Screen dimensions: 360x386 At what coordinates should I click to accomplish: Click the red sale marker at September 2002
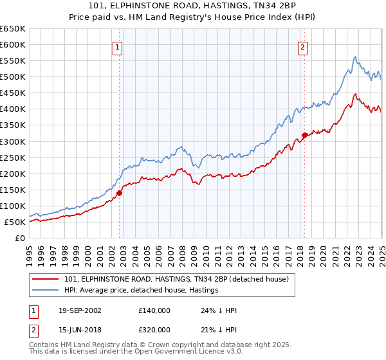(x=119, y=192)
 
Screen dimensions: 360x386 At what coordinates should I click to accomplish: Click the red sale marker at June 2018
(x=304, y=134)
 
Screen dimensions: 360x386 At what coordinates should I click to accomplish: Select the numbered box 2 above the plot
(x=302, y=46)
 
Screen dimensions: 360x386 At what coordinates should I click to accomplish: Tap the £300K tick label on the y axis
(x=14, y=141)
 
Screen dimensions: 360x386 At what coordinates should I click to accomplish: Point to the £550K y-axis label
(x=14, y=60)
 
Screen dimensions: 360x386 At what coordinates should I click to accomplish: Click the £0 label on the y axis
(x=21, y=238)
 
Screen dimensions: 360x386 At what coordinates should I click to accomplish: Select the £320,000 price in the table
(x=154, y=329)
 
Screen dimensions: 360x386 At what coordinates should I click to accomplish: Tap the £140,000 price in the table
(x=154, y=310)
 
